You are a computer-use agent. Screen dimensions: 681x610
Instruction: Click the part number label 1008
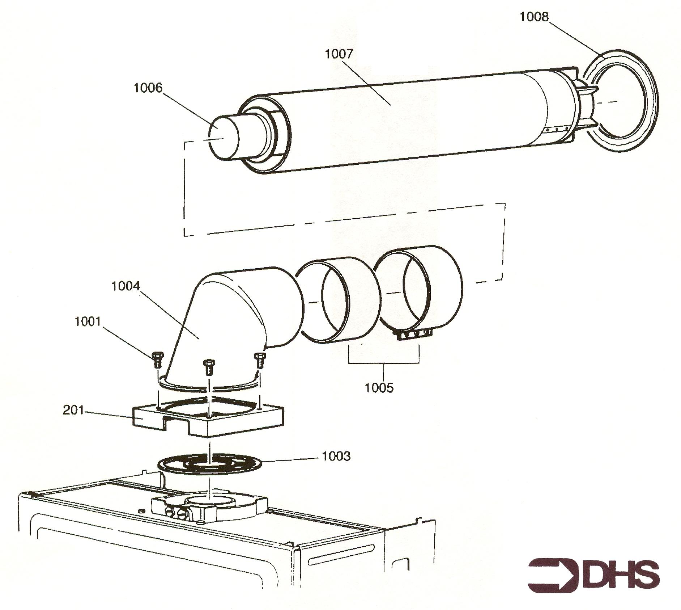click(x=534, y=17)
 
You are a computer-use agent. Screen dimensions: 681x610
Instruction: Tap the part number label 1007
click(x=339, y=54)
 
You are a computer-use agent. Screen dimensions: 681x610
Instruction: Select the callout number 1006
click(x=148, y=88)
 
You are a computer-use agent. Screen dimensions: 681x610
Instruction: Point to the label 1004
click(x=125, y=286)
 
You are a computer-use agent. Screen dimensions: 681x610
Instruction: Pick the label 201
click(x=73, y=410)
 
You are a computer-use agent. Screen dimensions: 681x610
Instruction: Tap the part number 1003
click(x=336, y=456)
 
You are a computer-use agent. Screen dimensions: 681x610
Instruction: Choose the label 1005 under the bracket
click(x=379, y=388)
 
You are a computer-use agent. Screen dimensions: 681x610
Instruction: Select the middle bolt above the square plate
click(x=208, y=367)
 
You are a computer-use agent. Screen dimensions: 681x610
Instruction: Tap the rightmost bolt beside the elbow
click(x=259, y=361)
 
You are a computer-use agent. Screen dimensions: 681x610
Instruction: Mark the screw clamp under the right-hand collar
click(x=415, y=335)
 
